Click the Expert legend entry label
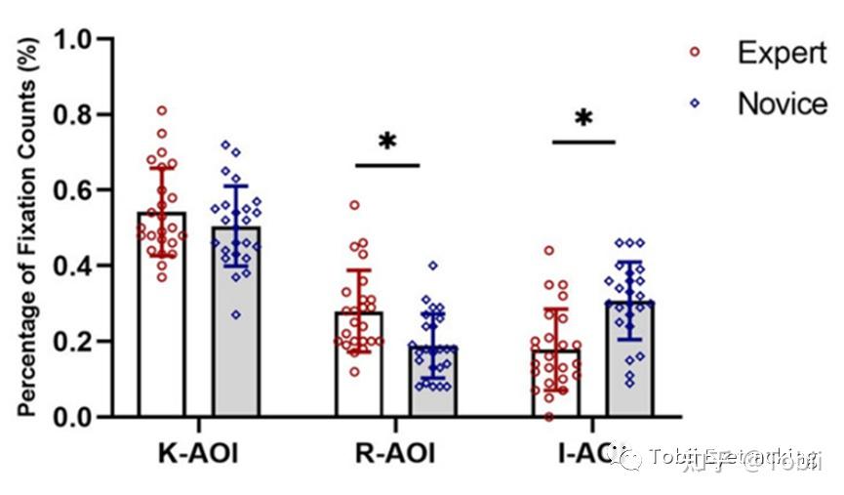[x=782, y=53]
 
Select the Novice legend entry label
[x=782, y=103]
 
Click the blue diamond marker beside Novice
[x=695, y=102]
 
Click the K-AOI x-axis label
[x=198, y=454]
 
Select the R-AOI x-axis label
[x=394, y=454]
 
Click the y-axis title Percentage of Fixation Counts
[x=28, y=227]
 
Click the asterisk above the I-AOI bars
[x=583, y=120]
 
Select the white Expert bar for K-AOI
[x=161, y=322]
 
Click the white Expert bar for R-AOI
[x=358, y=371]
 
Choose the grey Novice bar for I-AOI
[x=629, y=361]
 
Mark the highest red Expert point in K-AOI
[x=162, y=110]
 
